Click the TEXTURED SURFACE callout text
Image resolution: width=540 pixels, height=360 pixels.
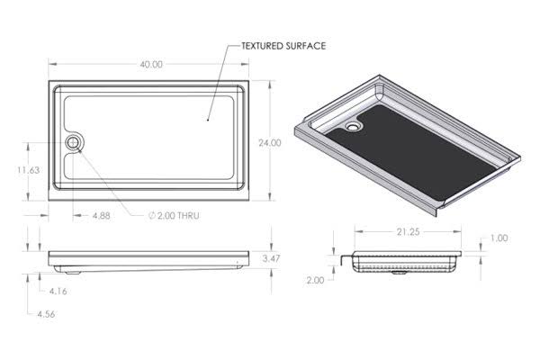coord(283,46)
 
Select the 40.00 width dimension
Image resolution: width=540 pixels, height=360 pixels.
coord(151,65)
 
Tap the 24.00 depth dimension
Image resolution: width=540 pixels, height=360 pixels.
coord(270,142)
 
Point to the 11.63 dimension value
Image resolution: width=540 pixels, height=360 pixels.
coord(29,170)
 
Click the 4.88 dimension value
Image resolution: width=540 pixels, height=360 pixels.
coord(101,216)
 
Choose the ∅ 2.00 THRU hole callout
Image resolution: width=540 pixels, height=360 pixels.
coord(174,216)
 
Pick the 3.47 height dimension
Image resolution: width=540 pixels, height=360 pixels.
coord(271,258)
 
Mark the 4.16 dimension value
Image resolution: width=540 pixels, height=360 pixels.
coord(58,291)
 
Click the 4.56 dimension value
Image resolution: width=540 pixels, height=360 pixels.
coord(46,314)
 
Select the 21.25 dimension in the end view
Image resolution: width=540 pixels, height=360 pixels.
coord(408,232)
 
